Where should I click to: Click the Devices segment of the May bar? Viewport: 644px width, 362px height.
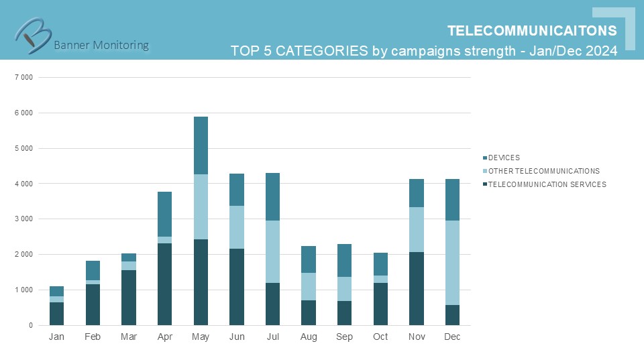tap(201, 145)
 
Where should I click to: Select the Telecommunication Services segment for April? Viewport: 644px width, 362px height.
tap(164, 284)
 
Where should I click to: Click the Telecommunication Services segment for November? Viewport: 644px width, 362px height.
tap(416, 288)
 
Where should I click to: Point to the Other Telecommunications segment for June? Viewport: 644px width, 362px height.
tap(236, 227)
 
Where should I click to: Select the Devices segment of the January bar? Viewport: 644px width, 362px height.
tap(56, 291)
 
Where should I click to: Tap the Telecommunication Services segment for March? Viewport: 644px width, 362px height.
tap(129, 298)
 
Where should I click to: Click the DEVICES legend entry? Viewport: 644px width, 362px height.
tap(504, 158)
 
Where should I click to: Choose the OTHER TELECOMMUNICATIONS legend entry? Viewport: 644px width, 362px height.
tap(543, 171)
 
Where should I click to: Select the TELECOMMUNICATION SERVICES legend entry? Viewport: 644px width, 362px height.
tap(547, 184)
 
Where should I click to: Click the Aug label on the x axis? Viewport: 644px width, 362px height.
tap(309, 337)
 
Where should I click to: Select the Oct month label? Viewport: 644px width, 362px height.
tap(380, 337)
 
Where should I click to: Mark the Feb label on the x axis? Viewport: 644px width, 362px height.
tap(93, 337)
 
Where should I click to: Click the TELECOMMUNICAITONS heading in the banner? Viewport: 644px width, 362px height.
tap(532, 31)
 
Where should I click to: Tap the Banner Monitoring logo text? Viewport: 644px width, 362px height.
tap(101, 45)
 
